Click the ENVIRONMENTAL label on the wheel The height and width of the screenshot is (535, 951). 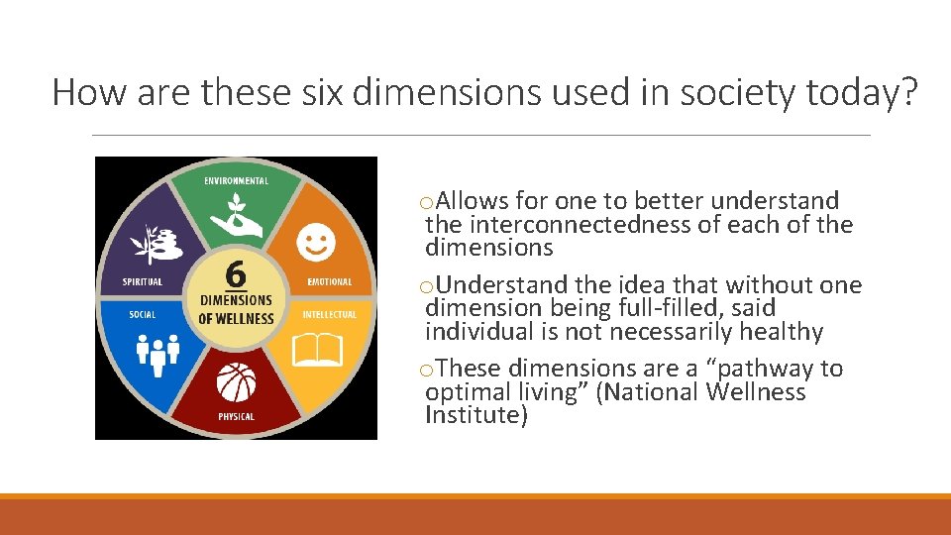pos(236,181)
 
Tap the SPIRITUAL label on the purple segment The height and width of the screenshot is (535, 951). pos(142,282)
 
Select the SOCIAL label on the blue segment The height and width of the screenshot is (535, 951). pos(142,314)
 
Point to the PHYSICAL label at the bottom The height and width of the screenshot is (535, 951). pos(236,417)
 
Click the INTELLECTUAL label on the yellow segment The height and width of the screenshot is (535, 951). pos(329,314)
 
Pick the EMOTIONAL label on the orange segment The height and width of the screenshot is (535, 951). pos(329,282)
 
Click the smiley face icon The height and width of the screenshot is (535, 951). pos(315,241)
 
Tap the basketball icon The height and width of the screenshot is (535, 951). pos(236,382)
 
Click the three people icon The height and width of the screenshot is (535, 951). pos(157,354)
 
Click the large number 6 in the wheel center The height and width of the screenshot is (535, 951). pos(236,272)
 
